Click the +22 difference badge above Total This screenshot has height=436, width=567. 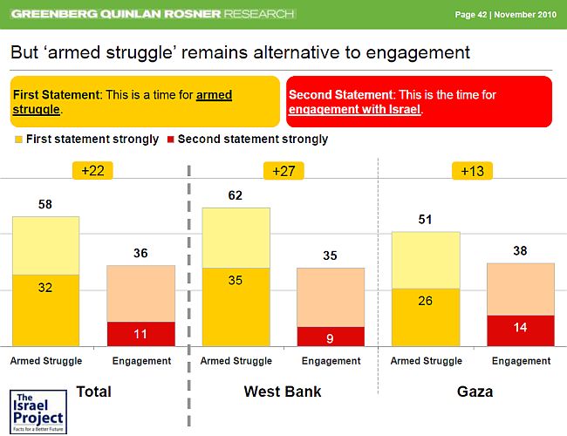tap(92, 171)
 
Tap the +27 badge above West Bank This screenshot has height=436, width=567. tap(283, 171)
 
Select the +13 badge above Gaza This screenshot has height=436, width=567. tap(473, 171)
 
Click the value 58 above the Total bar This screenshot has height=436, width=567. tap(45, 204)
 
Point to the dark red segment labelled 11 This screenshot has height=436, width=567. tap(140, 333)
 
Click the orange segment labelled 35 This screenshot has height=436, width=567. tap(236, 306)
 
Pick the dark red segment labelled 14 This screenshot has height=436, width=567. tap(520, 330)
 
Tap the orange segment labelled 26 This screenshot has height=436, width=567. tap(425, 317)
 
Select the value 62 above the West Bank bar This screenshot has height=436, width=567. tap(236, 196)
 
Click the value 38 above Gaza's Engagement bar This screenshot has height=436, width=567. tap(520, 250)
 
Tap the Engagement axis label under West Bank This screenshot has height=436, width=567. tap(331, 361)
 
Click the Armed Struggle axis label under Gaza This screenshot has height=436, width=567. tap(426, 361)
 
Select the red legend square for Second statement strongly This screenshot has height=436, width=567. tap(170, 140)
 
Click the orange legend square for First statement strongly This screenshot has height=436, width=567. tap(18, 140)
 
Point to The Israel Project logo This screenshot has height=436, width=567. tap(35, 409)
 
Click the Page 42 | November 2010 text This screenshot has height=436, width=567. tap(506, 15)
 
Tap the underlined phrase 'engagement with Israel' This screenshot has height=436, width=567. tap(354, 111)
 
